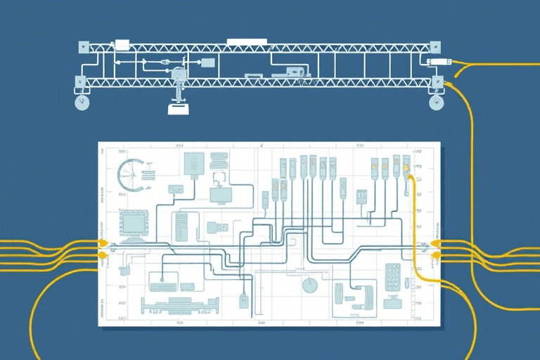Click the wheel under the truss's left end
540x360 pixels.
coord(82,103)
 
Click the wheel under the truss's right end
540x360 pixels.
coord(437,103)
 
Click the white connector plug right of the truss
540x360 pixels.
coord(437,63)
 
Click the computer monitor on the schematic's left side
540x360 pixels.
coord(134,224)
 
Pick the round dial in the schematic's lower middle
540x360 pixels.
coord(309,284)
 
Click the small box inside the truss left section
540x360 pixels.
coord(207,63)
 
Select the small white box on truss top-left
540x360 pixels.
coord(121,44)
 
